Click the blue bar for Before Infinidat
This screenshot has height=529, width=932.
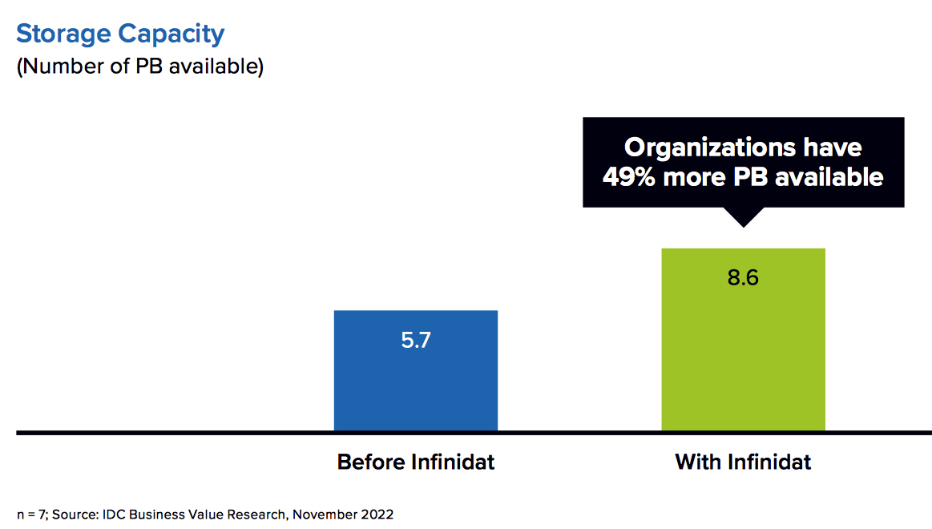(415, 370)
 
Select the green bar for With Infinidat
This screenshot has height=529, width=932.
(743, 339)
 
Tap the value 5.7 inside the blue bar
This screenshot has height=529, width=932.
(415, 340)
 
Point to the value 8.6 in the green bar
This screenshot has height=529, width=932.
(743, 277)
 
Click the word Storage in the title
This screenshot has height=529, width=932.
(63, 34)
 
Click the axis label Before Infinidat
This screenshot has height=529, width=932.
(415, 462)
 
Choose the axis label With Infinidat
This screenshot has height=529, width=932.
(743, 462)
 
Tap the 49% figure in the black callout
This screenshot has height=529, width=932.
(629, 177)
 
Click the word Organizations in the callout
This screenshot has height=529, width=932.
(710, 148)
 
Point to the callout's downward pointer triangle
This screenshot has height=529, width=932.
(743, 217)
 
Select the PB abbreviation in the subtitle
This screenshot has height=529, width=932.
(148, 66)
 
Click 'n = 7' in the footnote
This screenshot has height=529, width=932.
(31, 515)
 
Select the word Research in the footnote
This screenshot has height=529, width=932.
(259, 514)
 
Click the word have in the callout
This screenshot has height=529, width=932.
(832, 147)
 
